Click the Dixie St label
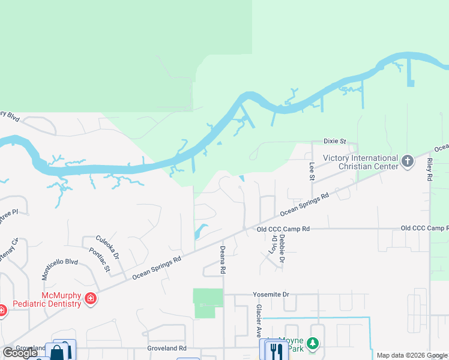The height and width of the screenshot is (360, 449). [335, 141]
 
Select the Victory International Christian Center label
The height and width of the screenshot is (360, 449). [360, 162]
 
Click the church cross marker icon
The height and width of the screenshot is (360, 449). [408, 161]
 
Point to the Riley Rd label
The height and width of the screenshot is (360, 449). [430, 171]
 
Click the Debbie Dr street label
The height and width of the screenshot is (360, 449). [282, 248]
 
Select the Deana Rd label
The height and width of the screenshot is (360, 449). [222, 260]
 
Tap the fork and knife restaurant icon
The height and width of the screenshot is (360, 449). [276, 350]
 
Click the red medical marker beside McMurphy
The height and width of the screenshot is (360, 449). [91, 298]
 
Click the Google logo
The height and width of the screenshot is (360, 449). [20, 353]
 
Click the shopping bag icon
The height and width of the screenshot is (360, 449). [57, 352]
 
